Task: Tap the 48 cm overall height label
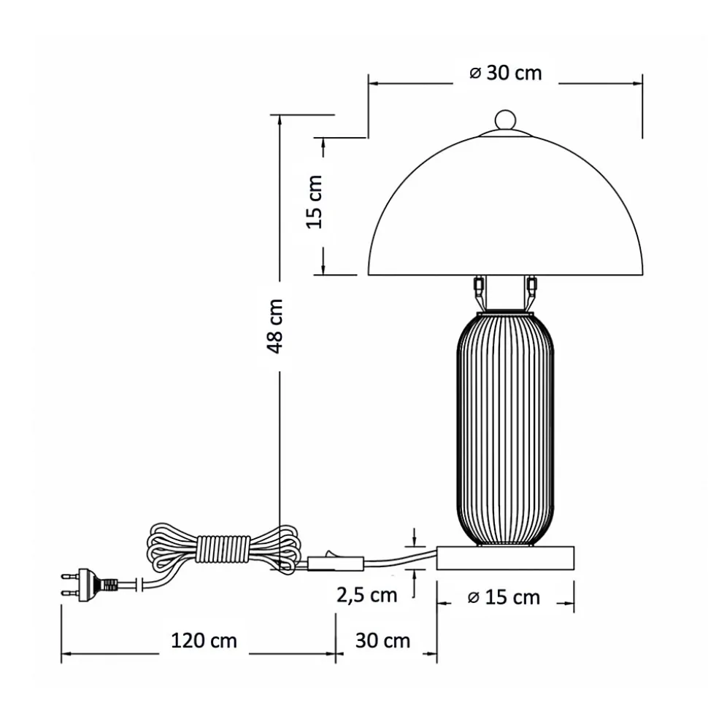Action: click(277, 326)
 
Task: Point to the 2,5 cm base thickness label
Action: click(366, 595)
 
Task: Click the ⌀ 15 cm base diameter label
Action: click(504, 598)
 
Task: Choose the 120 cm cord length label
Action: click(204, 641)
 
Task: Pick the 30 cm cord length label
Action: click(382, 641)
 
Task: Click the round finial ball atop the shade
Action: click(505, 120)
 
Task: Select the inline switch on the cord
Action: click(336, 562)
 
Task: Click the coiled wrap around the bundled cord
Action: click(222, 548)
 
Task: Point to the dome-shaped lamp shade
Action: click(505, 211)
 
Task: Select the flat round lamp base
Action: click(505, 558)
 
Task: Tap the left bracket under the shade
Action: click(479, 292)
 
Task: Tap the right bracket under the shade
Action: click(531, 292)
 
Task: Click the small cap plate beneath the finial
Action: click(505, 133)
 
